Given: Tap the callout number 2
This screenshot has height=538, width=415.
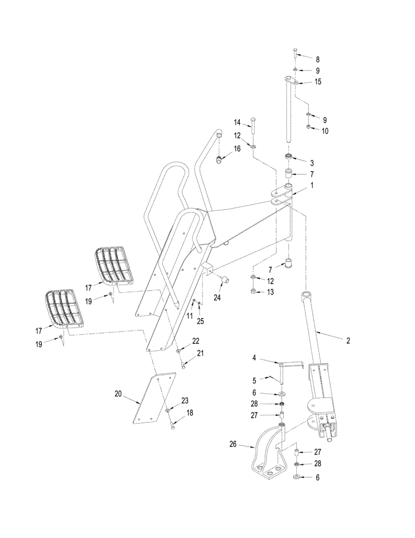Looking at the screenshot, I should (x=348, y=341).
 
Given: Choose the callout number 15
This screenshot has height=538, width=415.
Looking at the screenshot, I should (x=318, y=82).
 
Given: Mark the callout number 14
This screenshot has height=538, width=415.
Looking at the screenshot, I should (x=237, y=123).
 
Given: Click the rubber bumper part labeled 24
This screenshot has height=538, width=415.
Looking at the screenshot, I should (x=225, y=279).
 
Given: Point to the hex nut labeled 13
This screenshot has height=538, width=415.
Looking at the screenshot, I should (x=253, y=292).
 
